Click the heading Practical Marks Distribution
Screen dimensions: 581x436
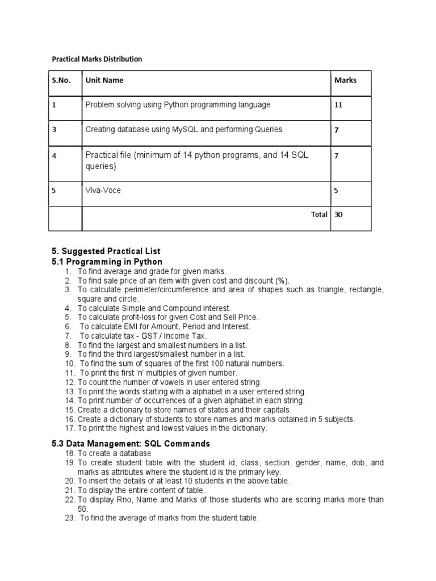[x=97, y=59]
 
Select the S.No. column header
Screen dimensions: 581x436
[x=61, y=81]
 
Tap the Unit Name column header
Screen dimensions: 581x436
[x=104, y=81]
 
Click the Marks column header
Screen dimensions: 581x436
[x=345, y=81]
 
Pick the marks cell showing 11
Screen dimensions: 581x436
[x=338, y=105]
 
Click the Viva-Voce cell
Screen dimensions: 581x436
[x=103, y=191]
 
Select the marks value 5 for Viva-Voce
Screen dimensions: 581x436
[x=336, y=191]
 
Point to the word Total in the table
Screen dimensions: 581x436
[x=318, y=215]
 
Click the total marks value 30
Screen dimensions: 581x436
[x=339, y=215]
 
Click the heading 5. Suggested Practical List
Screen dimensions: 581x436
[x=106, y=251]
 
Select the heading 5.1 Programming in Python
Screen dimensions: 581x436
[x=107, y=262]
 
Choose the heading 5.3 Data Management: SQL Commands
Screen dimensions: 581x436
[x=131, y=443]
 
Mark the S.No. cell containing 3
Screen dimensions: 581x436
[x=54, y=129]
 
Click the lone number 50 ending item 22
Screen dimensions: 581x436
[x=82, y=508]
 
